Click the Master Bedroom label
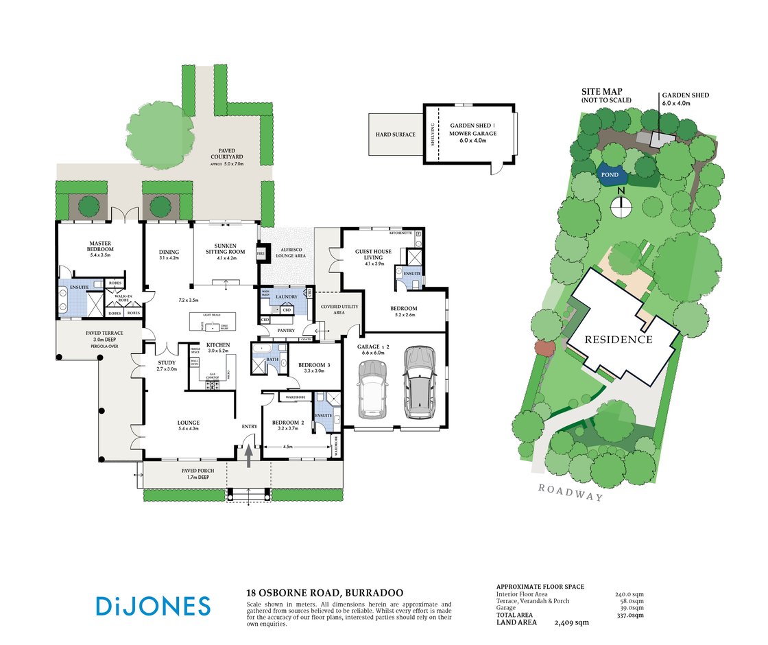click(x=101, y=246)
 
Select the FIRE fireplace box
click(x=261, y=253)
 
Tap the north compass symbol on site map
click(x=621, y=202)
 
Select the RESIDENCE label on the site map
click(x=619, y=339)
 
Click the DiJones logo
click(x=153, y=606)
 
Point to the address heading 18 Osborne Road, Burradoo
click(x=324, y=592)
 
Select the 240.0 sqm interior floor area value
click(x=629, y=595)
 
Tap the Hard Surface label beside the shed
click(x=395, y=134)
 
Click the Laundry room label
click(x=285, y=297)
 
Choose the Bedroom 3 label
click(x=315, y=366)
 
